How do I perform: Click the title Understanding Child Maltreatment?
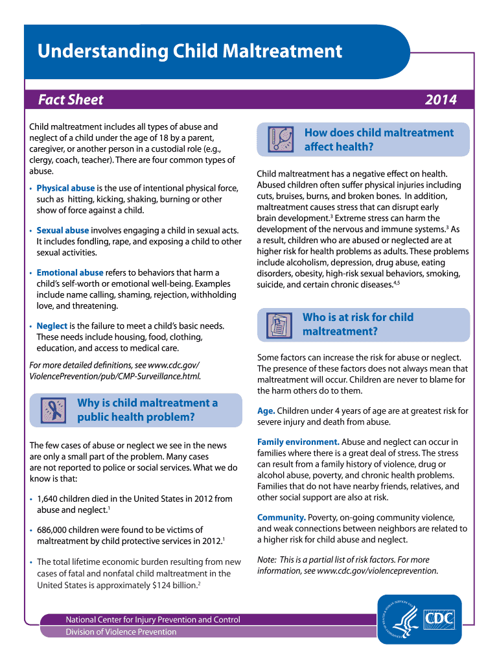coord(189,51)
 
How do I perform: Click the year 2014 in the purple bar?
coord(441,100)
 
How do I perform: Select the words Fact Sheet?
coord(71,100)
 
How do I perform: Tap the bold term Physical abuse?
coord(65,188)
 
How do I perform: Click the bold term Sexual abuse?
coord(63,230)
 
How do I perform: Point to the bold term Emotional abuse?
coord(69,272)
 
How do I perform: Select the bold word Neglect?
coord(52,326)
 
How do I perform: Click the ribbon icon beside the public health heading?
coord(51,410)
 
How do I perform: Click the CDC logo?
coord(438,619)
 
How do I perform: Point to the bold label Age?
coord(266,410)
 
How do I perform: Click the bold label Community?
coord(281,517)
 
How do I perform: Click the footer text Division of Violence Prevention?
coord(121,632)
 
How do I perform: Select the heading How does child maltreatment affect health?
coord(378,139)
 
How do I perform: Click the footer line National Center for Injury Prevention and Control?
coord(152,619)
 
